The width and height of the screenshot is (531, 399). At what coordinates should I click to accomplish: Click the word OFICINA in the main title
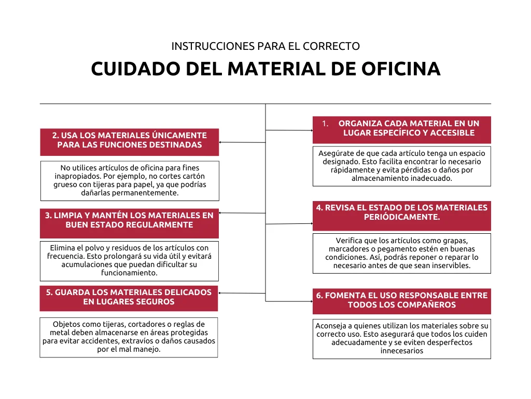click(x=401, y=69)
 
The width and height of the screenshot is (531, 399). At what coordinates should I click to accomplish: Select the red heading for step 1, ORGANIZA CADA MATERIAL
click(x=402, y=130)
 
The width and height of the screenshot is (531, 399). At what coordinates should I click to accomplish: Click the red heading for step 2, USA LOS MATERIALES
click(x=129, y=142)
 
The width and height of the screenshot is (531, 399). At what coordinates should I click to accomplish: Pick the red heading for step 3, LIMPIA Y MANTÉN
click(x=129, y=223)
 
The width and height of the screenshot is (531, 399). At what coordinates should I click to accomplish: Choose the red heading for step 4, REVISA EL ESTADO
click(x=402, y=216)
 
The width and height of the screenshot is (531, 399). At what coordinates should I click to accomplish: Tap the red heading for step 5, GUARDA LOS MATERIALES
click(x=129, y=299)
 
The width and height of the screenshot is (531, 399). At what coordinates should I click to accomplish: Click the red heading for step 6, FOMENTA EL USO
click(x=402, y=301)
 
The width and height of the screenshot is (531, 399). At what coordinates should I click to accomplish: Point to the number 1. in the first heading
click(x=325, y=124)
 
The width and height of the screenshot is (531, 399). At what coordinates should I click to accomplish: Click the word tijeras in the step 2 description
click(x=104, y=184)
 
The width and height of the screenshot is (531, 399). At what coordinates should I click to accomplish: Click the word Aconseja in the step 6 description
click(x=330, y=326)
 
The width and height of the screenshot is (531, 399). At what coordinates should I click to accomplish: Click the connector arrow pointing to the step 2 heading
click(x=243, y=142)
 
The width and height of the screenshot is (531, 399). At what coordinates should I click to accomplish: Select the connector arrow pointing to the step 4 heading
click(x=289, y=223)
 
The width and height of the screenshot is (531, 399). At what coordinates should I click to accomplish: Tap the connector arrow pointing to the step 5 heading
click(x=242, y=293)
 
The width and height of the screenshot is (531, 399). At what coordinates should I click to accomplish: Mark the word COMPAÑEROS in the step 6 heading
click(x=428, y=304)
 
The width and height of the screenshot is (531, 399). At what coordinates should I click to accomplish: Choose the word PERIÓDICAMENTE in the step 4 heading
click(x=402, y=217)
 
